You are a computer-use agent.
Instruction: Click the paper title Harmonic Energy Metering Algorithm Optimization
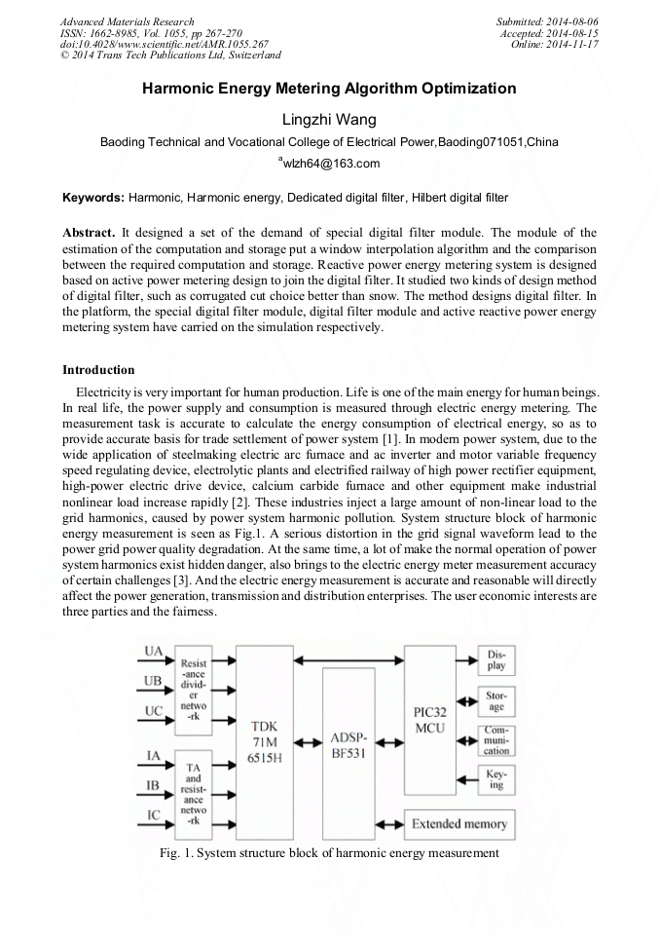(329, 89)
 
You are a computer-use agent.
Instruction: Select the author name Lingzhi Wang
(329, 119)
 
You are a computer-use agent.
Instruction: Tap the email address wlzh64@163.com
(331, 164)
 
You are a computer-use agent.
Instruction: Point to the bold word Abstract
(89, 234)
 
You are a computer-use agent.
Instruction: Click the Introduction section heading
(98, 370)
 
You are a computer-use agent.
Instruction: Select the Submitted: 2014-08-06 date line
(547, 21)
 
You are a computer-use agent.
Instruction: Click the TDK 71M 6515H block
(265, 743)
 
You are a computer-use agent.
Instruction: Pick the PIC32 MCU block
(429, 721)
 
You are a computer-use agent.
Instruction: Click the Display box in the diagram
(496, 660)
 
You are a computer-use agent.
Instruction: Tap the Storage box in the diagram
(496, 702)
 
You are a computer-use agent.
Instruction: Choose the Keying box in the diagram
(496, 780)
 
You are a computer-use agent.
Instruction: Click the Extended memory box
(458, 824)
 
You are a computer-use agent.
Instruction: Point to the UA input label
(154, 651)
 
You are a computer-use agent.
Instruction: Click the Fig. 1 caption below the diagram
(329, 853)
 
